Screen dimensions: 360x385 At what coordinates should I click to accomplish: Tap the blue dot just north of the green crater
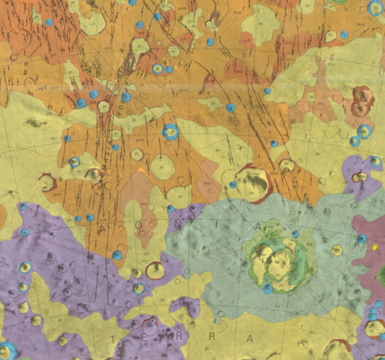click(x=295, y=234)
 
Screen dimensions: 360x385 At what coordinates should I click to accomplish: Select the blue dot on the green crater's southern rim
click(x=268, y=289)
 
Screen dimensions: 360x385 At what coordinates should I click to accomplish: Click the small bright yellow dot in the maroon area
click(x=375, y=270)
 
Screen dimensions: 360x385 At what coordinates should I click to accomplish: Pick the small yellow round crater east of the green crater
click(x=337, y=249)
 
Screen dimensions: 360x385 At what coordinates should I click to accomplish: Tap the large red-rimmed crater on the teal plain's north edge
click(x=253, y=178)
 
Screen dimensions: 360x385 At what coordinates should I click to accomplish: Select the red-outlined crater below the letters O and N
click(x=154, y=270)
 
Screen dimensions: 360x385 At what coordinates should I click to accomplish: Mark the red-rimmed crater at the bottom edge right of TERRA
click(x=338, y=349)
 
